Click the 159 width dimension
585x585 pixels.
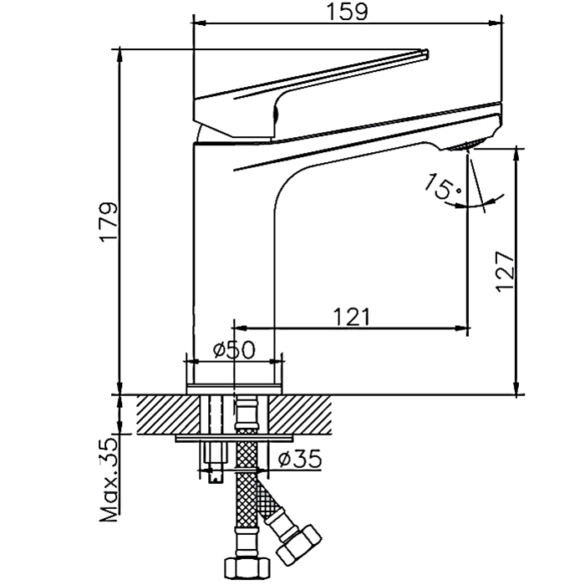tap(347, 12)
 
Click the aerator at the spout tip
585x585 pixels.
tap(464, 147)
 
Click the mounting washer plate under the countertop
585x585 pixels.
tap(235, 438)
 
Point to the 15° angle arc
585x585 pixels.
tap(486, 201)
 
